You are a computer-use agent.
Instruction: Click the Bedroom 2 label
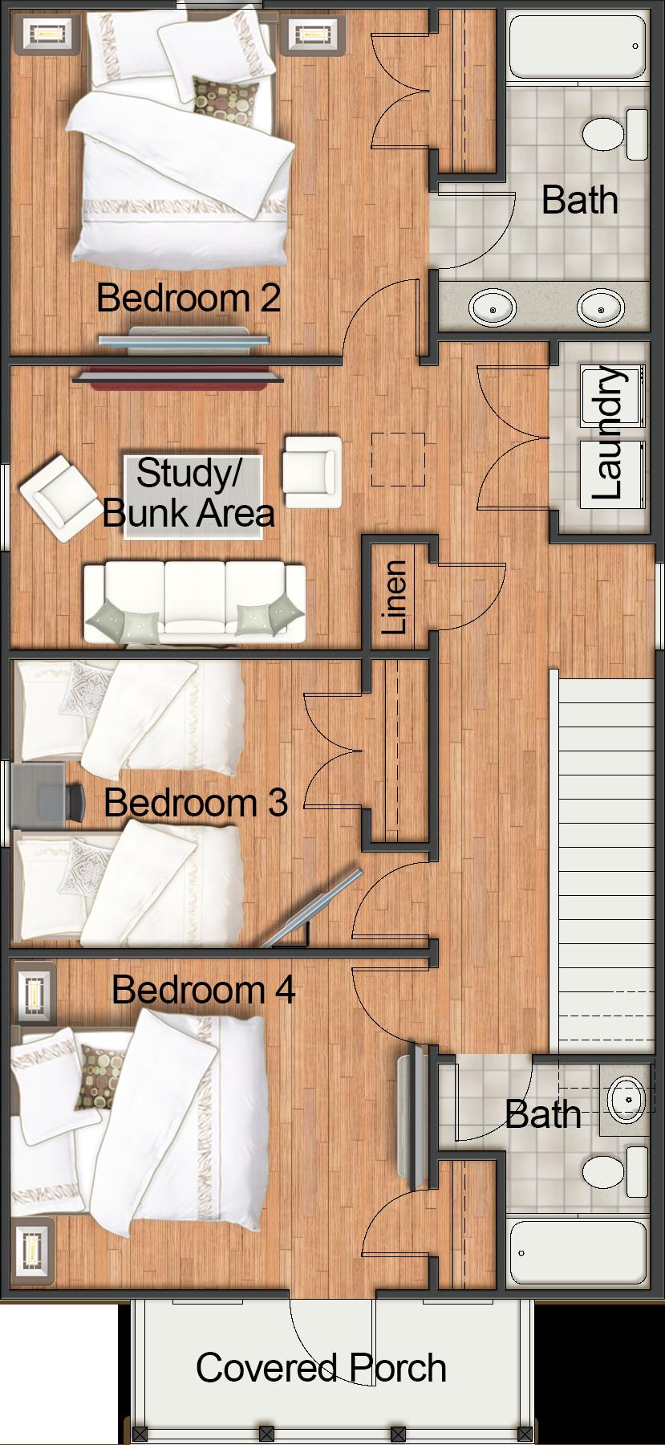pyautogui.click(x=189, y=298)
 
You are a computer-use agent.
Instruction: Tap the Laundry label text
pyautogui.click(x=606, y=433)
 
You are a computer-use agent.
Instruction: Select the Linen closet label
pyautogui.click(x=394, y=597)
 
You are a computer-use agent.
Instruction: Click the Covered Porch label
pyautogui.click(x=321, y=1367)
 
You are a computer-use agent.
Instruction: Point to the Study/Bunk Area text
pyautogui.click(x=189, y=493)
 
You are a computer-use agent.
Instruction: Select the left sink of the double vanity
pyautogui.click(x=491, y=307)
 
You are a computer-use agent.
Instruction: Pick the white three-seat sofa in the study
pyautogui.click(x=194, y=602)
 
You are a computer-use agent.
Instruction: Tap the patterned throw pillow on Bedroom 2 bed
pyautogui.click(x=225, y=101)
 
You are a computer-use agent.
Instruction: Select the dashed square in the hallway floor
pyautogui.click(x=398, y=459)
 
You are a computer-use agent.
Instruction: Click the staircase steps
pyautogui.click(x=605, y=859)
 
